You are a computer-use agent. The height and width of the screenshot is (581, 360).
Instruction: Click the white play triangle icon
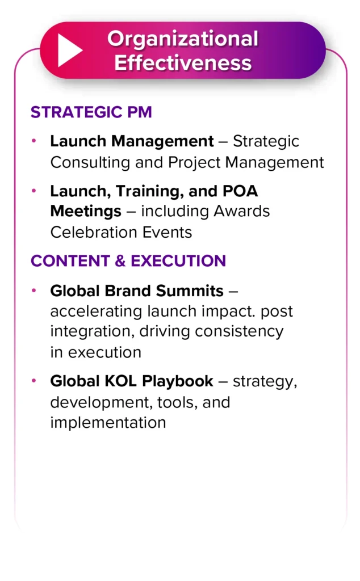(69, 50)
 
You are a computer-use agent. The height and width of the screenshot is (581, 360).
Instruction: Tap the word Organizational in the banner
(183, 39)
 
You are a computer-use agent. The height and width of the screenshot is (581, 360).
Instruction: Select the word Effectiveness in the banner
(183, 62)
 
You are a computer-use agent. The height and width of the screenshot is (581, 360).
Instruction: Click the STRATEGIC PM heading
(91, 112)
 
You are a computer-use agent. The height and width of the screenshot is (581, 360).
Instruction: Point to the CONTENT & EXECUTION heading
(128, 261)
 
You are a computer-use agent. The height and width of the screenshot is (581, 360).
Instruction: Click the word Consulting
(90, 162)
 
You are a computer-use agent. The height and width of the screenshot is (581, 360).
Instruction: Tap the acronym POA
(240, 191)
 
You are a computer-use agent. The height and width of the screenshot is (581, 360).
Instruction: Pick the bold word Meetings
(86, 212)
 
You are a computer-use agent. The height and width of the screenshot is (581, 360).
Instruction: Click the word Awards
(241, 211)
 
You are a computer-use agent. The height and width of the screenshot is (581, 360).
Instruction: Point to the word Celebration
(94, 232)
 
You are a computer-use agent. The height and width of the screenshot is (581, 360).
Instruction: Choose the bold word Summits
(190, 291)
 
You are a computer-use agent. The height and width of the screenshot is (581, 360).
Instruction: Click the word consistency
(239, 331)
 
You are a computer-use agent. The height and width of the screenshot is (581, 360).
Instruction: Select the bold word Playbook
(178, 382)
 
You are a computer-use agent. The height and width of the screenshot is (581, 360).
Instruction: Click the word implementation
(108, 423)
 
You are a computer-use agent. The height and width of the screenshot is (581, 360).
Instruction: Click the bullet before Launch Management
(34, 141)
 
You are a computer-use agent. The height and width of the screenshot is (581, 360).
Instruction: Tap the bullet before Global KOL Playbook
(34, 381)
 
